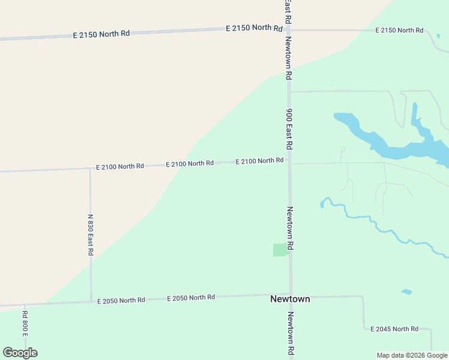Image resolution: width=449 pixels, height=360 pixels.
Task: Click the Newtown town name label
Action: [x=290, y=299]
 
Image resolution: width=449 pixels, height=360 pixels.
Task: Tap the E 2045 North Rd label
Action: [x=394, y=329]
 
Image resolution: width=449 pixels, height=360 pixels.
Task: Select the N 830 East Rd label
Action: [x=91, y=235]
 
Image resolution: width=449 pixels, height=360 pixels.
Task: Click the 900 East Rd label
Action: [x=289, y=129]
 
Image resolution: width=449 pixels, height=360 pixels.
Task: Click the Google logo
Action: [x=20, y=352]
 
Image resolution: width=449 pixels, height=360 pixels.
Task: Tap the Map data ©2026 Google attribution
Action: [x=412, y=355]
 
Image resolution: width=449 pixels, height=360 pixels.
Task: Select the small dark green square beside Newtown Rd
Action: [x=280, y=250]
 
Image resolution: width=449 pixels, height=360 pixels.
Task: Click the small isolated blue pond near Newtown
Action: [x=406, y=292]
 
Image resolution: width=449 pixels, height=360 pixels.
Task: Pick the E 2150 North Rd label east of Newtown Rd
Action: [x=399, y=30]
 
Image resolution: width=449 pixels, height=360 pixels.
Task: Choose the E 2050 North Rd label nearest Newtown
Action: [x=191, y=298]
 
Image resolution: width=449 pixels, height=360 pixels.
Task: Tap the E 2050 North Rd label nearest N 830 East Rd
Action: [x=121, y=300]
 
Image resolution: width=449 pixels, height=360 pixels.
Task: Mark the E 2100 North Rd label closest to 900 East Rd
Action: [x=259, y=161]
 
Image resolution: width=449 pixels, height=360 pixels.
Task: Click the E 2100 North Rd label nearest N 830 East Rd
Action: [x=120, y=166]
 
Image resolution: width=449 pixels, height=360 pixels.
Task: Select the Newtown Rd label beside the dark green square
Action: [x=289, y=228]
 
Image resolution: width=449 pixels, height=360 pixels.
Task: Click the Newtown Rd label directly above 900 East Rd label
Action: [x=289, y=59]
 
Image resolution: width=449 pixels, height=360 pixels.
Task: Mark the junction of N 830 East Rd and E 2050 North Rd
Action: [x=91, y=301]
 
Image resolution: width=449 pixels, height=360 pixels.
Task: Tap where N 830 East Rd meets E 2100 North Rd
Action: [x=90, y=169]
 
